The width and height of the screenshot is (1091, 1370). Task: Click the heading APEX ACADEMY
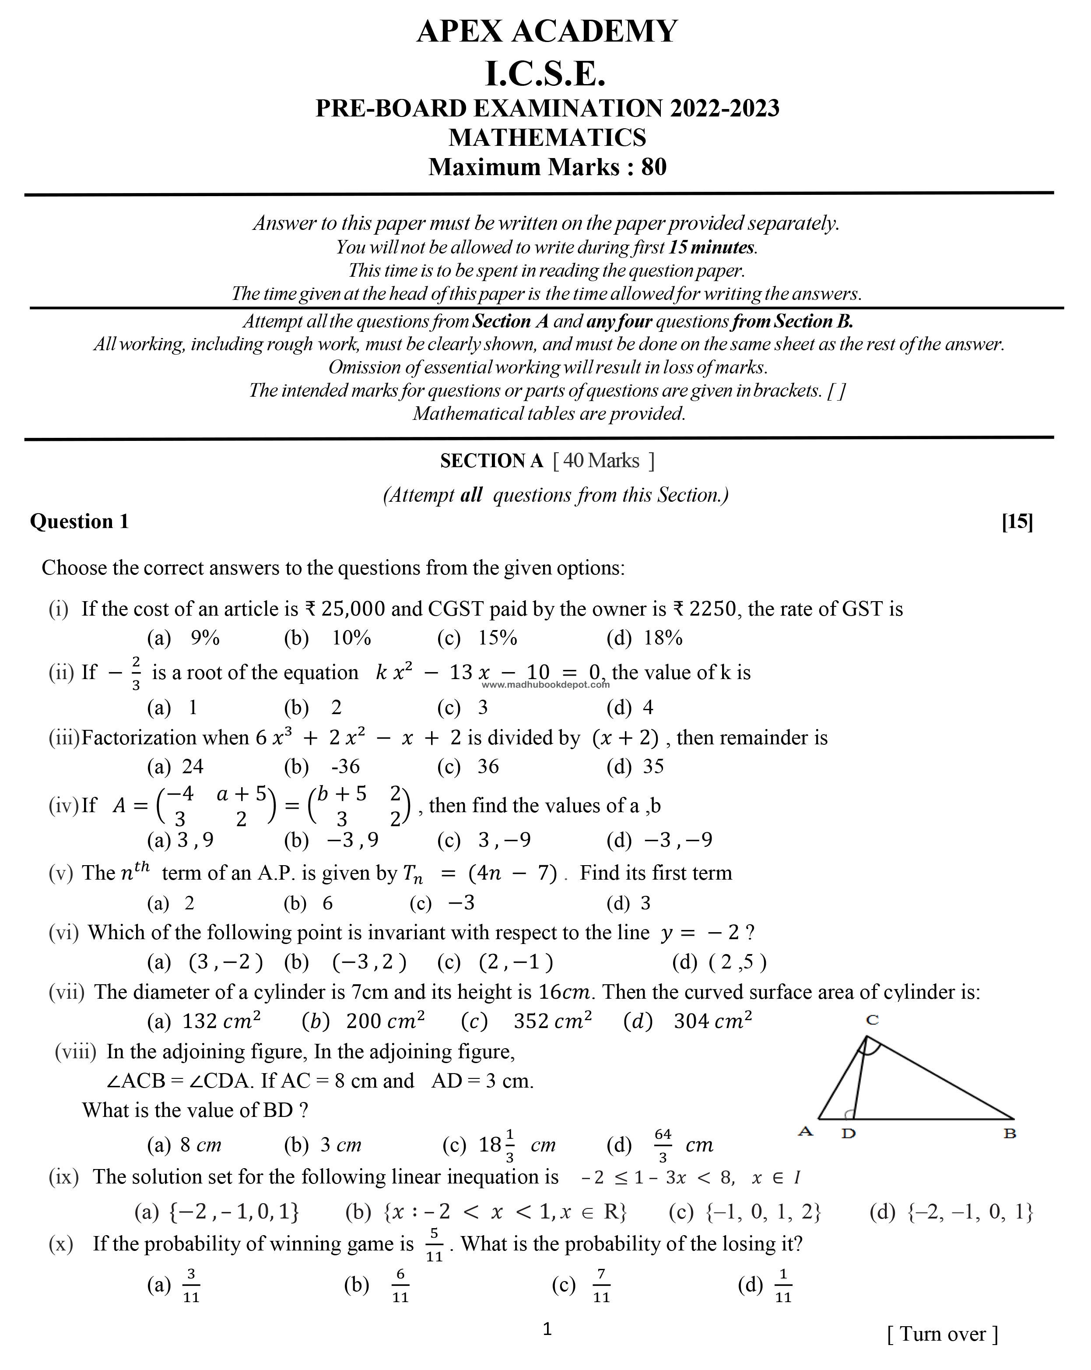[x=547, y=32]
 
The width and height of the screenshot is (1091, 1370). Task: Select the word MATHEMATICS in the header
[x=547, y=137]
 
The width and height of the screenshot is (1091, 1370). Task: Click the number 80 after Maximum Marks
[x=653, y=167]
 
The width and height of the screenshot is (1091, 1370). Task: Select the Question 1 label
[x=79, y=522]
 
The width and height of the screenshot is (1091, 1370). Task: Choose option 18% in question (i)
[x=663, y=638]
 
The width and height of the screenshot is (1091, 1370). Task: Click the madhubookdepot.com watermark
[x=545, y=684]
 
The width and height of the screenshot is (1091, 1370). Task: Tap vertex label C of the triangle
[x=872, y=1021]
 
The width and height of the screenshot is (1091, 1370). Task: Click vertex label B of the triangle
[x=1010, y=1133]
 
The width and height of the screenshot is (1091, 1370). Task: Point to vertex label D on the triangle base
[x=849, y=1133]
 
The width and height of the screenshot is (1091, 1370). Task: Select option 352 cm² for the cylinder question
[x=552, y=1021]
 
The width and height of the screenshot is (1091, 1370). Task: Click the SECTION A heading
[x=491, y=461]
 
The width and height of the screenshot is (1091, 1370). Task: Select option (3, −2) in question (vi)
[x=225, y=962]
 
